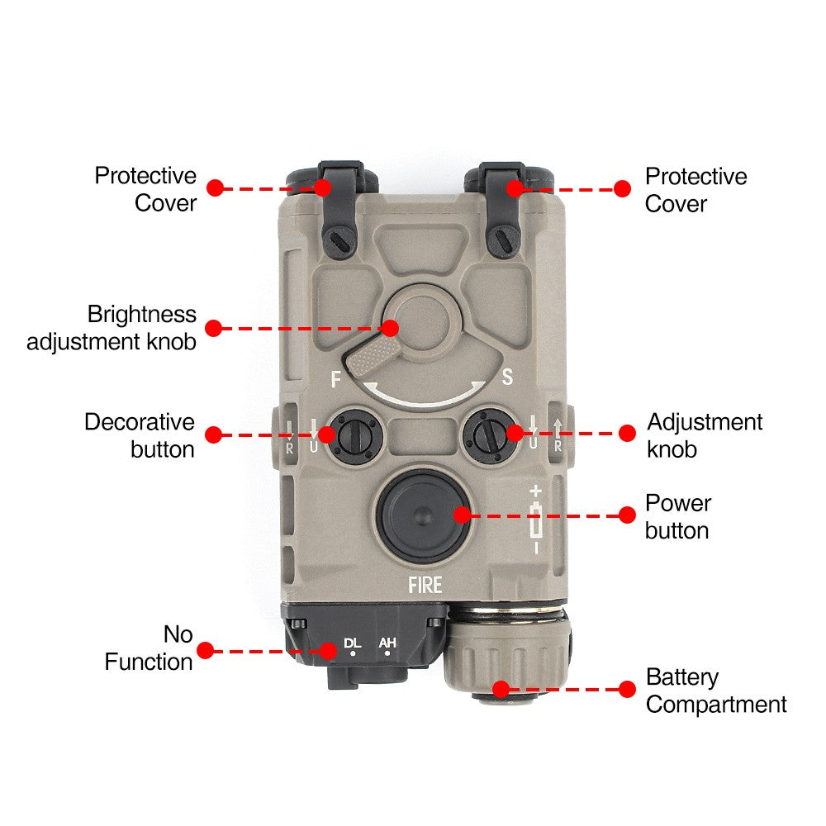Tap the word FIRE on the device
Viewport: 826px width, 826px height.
coord(425,586)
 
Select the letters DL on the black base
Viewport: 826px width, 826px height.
coord(353,643)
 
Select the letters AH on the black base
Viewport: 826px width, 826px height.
coord(387,643)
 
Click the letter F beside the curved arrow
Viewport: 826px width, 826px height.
coord(335,380)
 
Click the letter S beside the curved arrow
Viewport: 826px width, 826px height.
coord(508,377)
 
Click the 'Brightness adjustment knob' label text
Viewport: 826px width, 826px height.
coord(112,327)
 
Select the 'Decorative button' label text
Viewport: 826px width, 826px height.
coord(140,435)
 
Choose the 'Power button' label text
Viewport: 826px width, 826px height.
coord(677,516)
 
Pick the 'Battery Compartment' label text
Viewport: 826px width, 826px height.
coord(715,691)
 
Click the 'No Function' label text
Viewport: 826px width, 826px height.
coord(149,648)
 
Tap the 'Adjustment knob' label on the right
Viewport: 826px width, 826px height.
coord(704,435)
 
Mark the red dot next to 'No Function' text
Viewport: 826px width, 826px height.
coord(205,650)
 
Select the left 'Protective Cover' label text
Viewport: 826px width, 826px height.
coord(145,189)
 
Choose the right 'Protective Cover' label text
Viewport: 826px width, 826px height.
coord(695,190)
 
